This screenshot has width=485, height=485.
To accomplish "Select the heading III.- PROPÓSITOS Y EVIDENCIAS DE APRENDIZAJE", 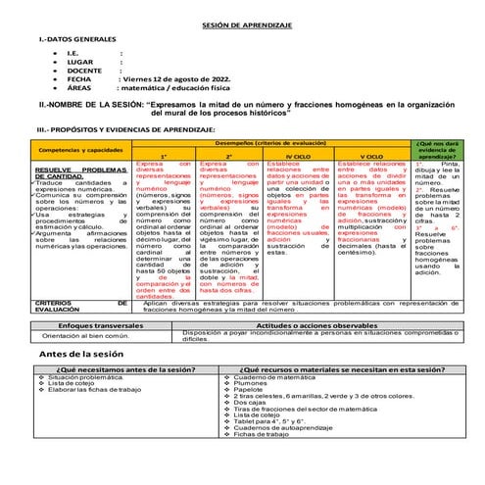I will pos(121,128).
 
